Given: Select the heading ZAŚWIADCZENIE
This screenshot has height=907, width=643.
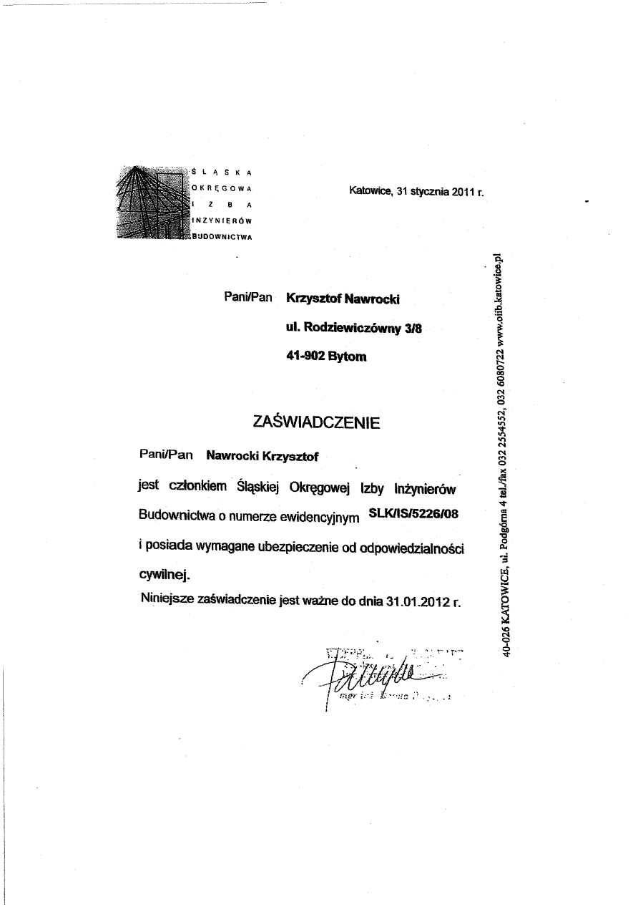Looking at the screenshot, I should [x=316, y=422].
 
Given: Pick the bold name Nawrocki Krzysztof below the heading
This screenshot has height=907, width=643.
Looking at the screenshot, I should [x=262, y=455].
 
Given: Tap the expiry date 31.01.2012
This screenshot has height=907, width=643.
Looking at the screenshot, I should [x=417, y=601].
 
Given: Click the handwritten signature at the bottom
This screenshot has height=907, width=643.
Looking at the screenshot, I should [x=372, y=676].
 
